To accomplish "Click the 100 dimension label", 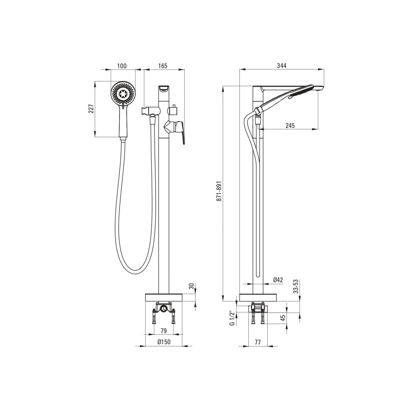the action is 122,66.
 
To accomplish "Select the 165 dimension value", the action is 163,66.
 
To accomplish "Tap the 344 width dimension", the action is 282,66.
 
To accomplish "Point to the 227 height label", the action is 91,109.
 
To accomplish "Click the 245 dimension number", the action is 290,125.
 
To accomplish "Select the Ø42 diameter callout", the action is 278,280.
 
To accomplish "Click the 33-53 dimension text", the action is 296,286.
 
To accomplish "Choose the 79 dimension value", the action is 164,331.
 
